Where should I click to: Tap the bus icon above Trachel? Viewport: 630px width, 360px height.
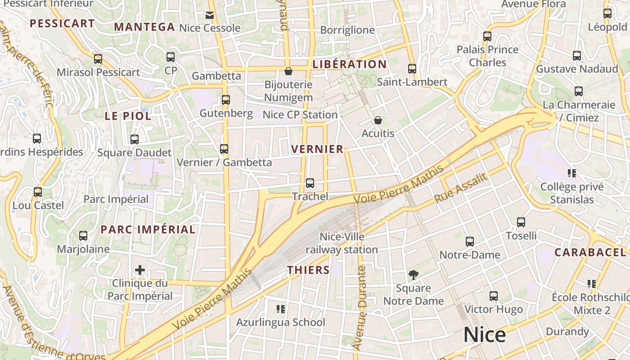coord(310,183)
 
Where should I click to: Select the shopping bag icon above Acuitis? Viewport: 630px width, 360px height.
coord(378,121)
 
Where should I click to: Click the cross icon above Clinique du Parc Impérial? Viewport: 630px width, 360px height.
coord(140,270)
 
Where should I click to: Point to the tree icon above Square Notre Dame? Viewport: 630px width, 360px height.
coord(413,275)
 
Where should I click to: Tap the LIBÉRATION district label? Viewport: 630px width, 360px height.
coord(349,64)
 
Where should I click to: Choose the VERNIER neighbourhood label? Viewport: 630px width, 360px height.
coord(317,149)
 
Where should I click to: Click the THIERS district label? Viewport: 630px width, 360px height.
coord(309,270)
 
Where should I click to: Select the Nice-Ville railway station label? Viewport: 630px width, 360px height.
coord(342,243)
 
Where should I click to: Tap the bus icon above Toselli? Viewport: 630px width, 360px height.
coord(521,222)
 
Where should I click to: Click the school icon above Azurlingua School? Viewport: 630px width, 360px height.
coord(281,309)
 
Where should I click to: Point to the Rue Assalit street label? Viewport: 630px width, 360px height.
coord(461,188)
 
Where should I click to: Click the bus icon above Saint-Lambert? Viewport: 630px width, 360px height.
coord(412,69)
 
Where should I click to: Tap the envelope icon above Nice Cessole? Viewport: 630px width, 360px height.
coord(210,15)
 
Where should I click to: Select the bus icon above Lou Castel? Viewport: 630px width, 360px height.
coord(38,192)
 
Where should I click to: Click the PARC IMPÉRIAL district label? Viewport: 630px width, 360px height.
coord(148,229)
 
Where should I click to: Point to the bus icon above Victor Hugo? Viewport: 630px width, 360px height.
coord(494,296)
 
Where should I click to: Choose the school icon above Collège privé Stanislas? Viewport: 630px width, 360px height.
coord(572,173)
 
